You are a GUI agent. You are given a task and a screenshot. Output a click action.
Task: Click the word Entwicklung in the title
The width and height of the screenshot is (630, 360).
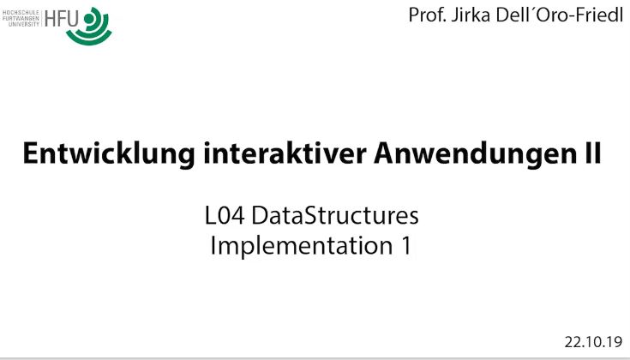coord(110,154)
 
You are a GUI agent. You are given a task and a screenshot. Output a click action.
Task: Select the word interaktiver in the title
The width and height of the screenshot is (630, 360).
coord(285,153)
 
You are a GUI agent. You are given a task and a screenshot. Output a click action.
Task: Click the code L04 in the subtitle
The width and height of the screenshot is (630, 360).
coord(225,215)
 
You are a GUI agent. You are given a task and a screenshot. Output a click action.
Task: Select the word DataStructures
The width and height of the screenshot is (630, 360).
coord(335,215)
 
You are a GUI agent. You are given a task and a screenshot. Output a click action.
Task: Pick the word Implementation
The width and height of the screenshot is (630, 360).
coord(302,245)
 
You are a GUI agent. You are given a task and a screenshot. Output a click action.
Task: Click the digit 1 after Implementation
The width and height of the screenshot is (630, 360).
coord(406,245)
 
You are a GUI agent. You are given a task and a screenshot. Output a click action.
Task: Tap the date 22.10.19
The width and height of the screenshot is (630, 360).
coord(593,342)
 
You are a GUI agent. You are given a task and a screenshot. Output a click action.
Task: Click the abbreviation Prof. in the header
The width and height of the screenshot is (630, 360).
coord(427,15)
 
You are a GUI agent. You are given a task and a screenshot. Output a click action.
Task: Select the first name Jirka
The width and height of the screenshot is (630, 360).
coord(471,16)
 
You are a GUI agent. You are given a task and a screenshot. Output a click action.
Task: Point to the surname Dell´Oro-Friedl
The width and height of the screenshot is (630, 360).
coord(559,15)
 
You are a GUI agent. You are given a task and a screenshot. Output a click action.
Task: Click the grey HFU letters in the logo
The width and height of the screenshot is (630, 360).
coord(61,19)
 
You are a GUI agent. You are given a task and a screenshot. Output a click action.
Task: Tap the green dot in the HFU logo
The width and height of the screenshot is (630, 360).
coord(88,19)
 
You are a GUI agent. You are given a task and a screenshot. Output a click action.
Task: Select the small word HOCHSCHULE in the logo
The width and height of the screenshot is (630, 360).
coord(21,13)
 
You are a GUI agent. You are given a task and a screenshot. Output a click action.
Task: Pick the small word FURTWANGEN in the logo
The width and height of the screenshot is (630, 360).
coord(21,19)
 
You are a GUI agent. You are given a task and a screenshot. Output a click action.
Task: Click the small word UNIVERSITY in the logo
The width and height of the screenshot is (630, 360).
coord(24,24)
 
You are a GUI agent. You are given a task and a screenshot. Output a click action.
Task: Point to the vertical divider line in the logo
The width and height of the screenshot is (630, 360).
coord(41,19)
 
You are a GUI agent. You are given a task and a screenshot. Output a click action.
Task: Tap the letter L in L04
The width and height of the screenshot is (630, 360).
coord(211,215)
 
